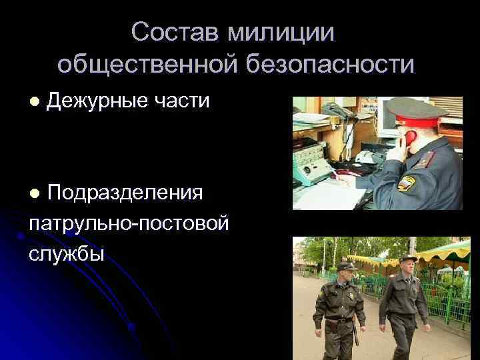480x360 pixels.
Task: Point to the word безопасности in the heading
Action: click(331, 64)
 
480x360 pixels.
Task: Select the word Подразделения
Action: click(125, 193)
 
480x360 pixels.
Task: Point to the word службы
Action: click(67, 253)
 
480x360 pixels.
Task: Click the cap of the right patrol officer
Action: click(407, 258)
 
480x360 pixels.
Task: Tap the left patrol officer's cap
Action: click(345, 265)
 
